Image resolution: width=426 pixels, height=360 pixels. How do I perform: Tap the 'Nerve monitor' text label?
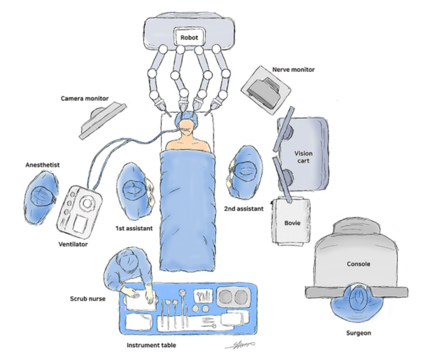pyautogui.click(x=293, y=70)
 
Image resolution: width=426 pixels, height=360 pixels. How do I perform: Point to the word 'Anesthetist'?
pyautogui.click(x=40, y=164)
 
